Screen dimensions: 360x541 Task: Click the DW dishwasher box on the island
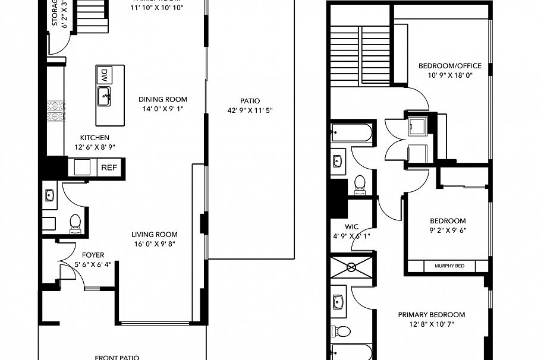(x=103, y=75)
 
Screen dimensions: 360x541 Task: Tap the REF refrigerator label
(x=109, y=168)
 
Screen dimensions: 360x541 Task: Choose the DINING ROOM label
(x=162, y=100)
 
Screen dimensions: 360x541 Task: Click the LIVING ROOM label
(x=154, y=234)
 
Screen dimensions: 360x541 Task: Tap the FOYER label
(x=93, y=255)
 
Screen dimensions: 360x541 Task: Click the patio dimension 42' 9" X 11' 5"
(x=250, y=110)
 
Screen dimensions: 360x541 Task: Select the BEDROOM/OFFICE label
(x=450, y=66)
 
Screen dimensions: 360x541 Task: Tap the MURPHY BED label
(x=449, y=266)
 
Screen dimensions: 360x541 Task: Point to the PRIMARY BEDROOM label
(x=431, y=315)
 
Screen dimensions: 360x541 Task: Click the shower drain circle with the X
(x=351, y=267)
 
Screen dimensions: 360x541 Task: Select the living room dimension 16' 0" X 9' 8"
(x=154, y=244)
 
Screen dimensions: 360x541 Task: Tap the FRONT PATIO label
(x=117, y=357)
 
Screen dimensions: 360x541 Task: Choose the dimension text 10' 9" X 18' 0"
(x=450, y=75)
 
